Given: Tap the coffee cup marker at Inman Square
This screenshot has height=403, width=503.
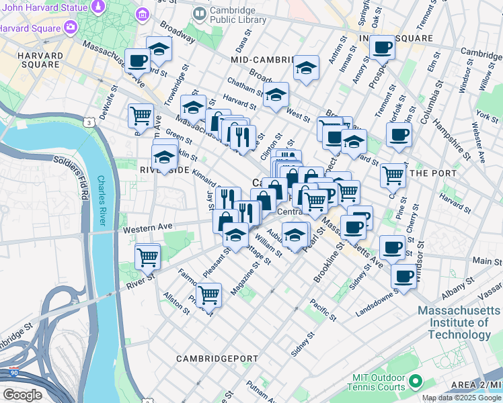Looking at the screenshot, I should pyautogui.click(x=383, y=48).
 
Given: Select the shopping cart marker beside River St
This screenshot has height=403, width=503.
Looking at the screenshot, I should pyautogui.click(x=147, y=255).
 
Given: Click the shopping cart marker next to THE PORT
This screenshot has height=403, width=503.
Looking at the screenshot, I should pyautogui.click(x=393, y=175).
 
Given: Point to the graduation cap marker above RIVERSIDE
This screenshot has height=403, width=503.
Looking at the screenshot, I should pyautogui.click(x=164, y=157).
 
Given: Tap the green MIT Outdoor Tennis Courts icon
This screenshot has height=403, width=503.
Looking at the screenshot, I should pyautogui.click(x=415, y=382).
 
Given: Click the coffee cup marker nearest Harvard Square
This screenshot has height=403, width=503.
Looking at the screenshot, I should pyautogui.click(x=138, y=60).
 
